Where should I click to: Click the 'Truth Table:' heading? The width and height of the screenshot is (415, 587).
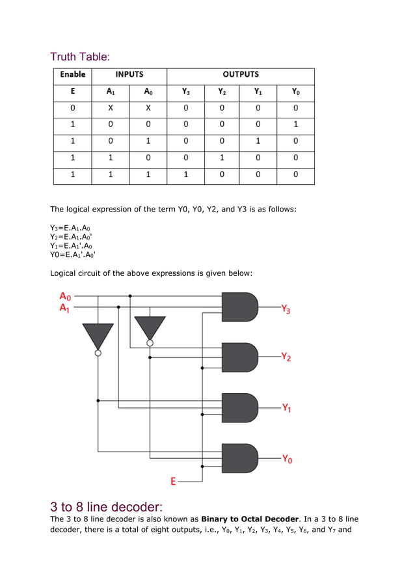pyautogui.click(x=80, y=57)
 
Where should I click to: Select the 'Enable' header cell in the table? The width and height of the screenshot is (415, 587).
pyautogui.click(x=73, y=75)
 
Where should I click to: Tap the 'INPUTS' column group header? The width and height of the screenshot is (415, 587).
pyautogui.click(x=129, y=75)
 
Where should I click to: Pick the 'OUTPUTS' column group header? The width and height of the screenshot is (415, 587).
pyautogui.click(x=241, y=75)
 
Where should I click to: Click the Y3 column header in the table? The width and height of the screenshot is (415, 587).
pyautogui.click(x=186, y=92)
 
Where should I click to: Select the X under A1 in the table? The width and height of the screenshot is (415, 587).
pyautogui.click(x=111, y=108)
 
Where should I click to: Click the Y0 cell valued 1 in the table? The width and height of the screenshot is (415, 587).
pyautogui.click(x=295, y=125)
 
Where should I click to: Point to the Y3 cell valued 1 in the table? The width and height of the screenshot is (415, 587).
pyautogui.click(x=186, y=174)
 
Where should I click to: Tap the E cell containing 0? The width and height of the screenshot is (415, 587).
pyautogui.click(x=73, y=108)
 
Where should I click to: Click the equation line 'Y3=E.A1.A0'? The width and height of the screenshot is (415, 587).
pyautogui.click(x=70, y=228)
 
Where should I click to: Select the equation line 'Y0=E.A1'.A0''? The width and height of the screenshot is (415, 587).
pyautogui.click(x=73, y=254)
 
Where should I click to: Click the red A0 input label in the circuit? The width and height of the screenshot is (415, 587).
pyautogui.click(x=65, y=296)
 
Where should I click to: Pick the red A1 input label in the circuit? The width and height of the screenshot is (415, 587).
pyautogui.click(x=65, y=307)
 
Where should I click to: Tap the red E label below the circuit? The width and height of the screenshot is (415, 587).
pyautogui.click(x=173, y=482)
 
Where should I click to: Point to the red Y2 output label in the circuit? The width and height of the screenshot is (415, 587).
pyautogui.click(x=286, y=357)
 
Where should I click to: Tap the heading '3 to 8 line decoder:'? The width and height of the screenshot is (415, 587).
pyautogui.click(x=106, y=506)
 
